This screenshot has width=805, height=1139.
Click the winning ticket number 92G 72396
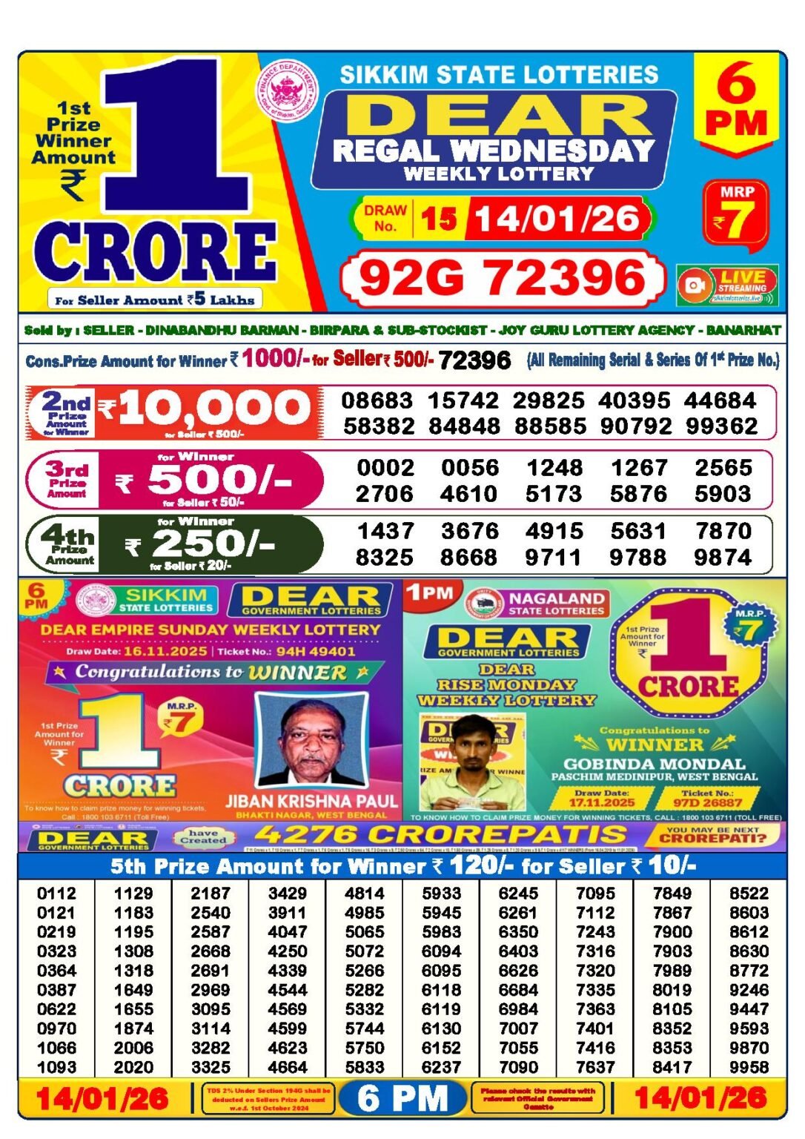click(x=502, y=279)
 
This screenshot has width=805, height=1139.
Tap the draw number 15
click(x=439, y=219)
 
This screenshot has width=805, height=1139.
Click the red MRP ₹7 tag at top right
click(x=736, y=214)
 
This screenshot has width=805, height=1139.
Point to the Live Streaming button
click(x=727, y=285)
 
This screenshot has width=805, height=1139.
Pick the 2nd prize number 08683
click(x=377, y=400)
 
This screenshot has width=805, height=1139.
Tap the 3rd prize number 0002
click(x=385, y=468)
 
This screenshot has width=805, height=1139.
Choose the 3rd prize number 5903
click(x=723, y=494)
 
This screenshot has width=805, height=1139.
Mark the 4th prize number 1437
click(x=385, y=531)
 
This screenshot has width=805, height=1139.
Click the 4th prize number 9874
click(x=723, y=558)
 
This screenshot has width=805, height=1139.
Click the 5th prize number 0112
click(x=56, y=894)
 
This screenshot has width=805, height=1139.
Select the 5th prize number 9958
click(x=749, y=1067)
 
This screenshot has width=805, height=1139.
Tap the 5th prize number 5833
click(x=365, y=1067)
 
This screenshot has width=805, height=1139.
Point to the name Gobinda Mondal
click(x=654, y=764)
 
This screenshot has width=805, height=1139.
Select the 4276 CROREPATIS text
click(x=440, y=835)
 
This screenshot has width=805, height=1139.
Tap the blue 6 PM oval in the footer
click(x=403, y=1098)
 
